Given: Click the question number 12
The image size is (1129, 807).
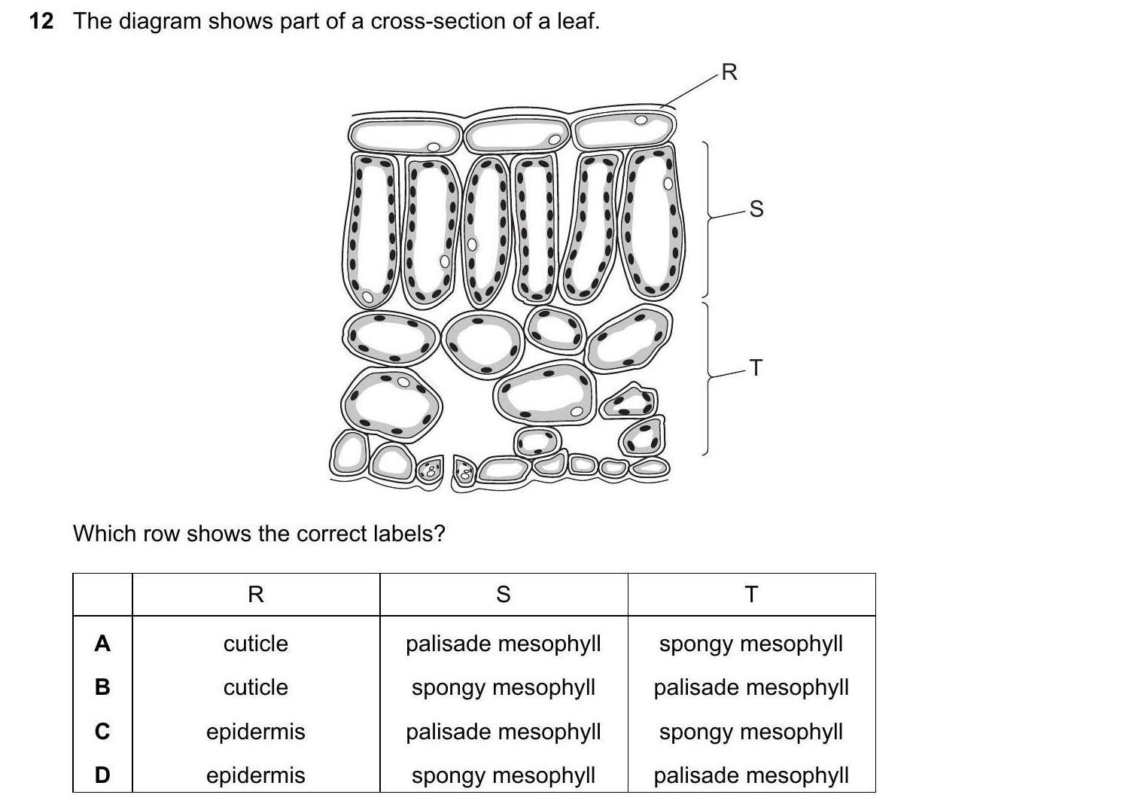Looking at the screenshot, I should (41, 21).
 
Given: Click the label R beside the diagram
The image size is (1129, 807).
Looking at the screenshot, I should (729, 72).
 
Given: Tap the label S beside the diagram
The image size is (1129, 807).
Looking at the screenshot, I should (756, 209).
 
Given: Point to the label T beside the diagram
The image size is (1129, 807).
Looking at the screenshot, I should (756, 368).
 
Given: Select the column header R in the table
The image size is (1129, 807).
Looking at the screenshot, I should (255, 595).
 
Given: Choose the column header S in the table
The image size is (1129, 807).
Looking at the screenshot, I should (504, 595).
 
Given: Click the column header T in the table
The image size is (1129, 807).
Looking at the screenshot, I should (751, 595).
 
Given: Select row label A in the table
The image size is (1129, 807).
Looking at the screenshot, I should (102, 644).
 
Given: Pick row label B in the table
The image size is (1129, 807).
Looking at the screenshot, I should (102, 687).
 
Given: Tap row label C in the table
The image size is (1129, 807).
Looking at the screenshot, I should (102, 731).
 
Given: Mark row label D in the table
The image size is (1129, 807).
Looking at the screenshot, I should (102, 775).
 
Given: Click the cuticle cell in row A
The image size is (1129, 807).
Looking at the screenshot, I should (255, 644).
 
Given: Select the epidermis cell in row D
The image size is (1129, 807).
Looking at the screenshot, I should (255, 775).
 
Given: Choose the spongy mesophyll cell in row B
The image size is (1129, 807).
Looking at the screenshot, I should (504, 687).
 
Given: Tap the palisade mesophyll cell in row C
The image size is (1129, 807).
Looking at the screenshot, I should (504, 731).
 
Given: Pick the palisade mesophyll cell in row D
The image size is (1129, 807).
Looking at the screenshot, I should (751, 775).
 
